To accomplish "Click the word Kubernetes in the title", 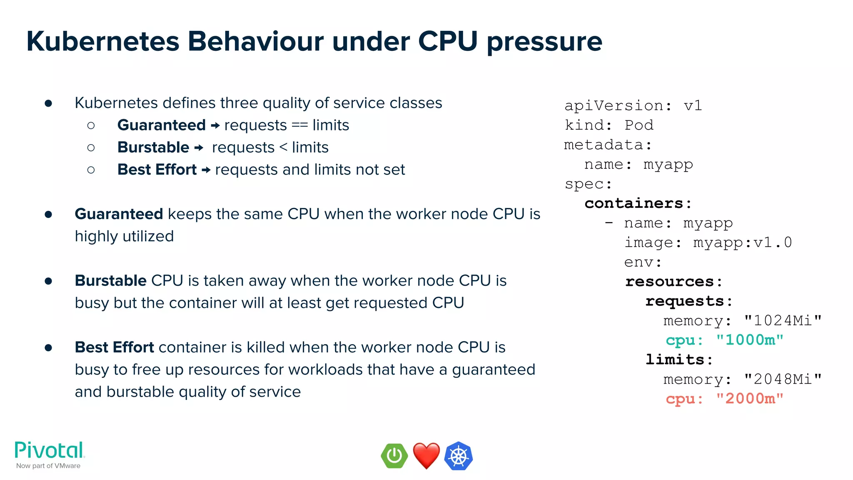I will (102, 42).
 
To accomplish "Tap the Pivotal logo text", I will (50, 450).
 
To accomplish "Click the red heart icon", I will (426, 455).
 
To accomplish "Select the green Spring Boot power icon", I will (394, 456).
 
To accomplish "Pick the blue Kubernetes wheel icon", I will (458, 456).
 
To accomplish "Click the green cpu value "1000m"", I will (750, 340).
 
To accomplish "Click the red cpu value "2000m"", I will (750, 399).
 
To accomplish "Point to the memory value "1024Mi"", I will (783, 320).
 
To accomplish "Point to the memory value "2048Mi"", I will (783, 379).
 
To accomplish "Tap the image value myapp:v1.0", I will (742, 242).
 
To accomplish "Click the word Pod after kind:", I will (639, 125).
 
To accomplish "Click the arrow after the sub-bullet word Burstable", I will (199, 147).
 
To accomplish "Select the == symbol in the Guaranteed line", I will (299, 125).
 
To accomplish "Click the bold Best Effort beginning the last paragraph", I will (114, 347).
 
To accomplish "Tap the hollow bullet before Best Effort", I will (91, 170).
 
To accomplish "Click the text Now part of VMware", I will (48, 466).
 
